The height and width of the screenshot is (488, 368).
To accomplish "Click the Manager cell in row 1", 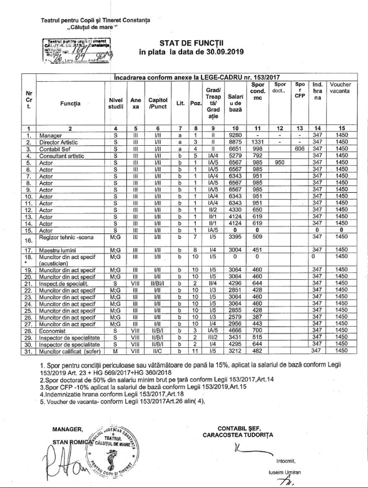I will (47, 135).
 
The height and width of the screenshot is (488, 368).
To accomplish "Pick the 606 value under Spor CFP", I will (300, 148).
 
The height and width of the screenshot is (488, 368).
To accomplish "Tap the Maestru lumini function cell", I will (55, 250).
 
